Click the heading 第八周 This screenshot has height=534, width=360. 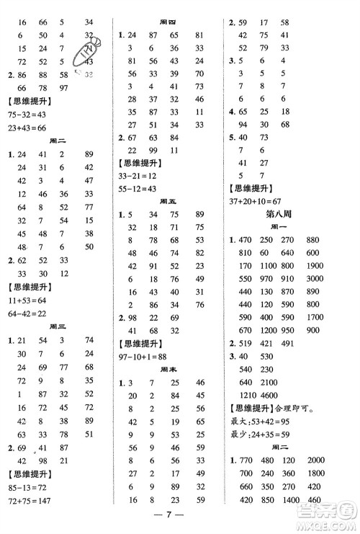point(290,221)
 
